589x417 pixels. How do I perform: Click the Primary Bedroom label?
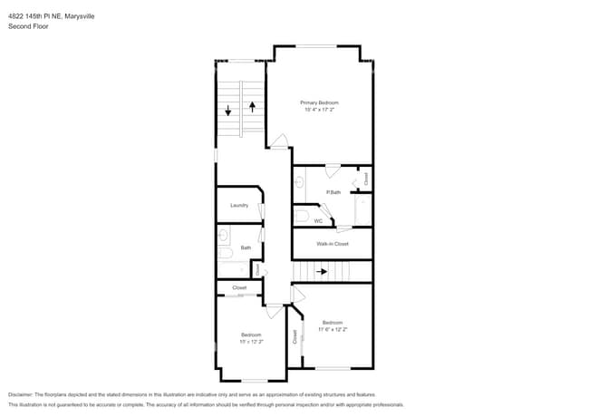(319, 103)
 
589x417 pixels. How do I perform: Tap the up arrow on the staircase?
(252, 107)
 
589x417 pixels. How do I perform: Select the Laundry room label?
(238, 205)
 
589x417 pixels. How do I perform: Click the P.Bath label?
(333, 192)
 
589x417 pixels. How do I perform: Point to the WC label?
(318, 221)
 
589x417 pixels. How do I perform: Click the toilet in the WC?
(300, 216)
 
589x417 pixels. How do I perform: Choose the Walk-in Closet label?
(332, 244)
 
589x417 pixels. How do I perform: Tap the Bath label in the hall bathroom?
(245, 247)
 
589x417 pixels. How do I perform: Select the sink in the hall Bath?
(223, 236)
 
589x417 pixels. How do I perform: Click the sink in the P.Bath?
(297, 181)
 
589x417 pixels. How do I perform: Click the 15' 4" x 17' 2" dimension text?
(319, 111)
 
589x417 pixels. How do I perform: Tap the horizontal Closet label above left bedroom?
(239, 287)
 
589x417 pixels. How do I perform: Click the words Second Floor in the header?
(28, 27)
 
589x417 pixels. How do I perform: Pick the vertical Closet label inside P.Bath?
(365, 179)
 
